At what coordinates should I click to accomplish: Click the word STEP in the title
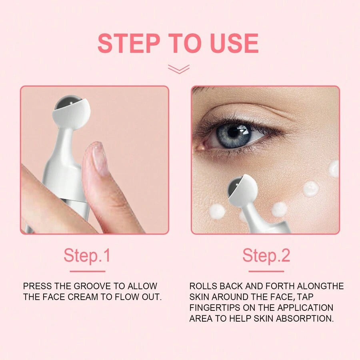click(x=129, y=43)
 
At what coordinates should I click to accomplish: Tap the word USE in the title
click(x=234, y=43)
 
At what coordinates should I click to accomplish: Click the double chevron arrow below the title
click(x=179, y=69)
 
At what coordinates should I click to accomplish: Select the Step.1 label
click(x=87, y=255)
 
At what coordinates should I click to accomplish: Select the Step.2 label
click(x=266, y=255)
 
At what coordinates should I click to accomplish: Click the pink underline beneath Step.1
click(x=88, y=271)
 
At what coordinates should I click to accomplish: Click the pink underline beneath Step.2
click(x=266, y=271)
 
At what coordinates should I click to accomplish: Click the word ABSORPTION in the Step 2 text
click(x=305, y=319)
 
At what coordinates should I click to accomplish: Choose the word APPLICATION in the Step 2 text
click(x=305, y=308)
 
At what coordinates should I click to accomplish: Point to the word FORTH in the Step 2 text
click(x=280, y=286)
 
